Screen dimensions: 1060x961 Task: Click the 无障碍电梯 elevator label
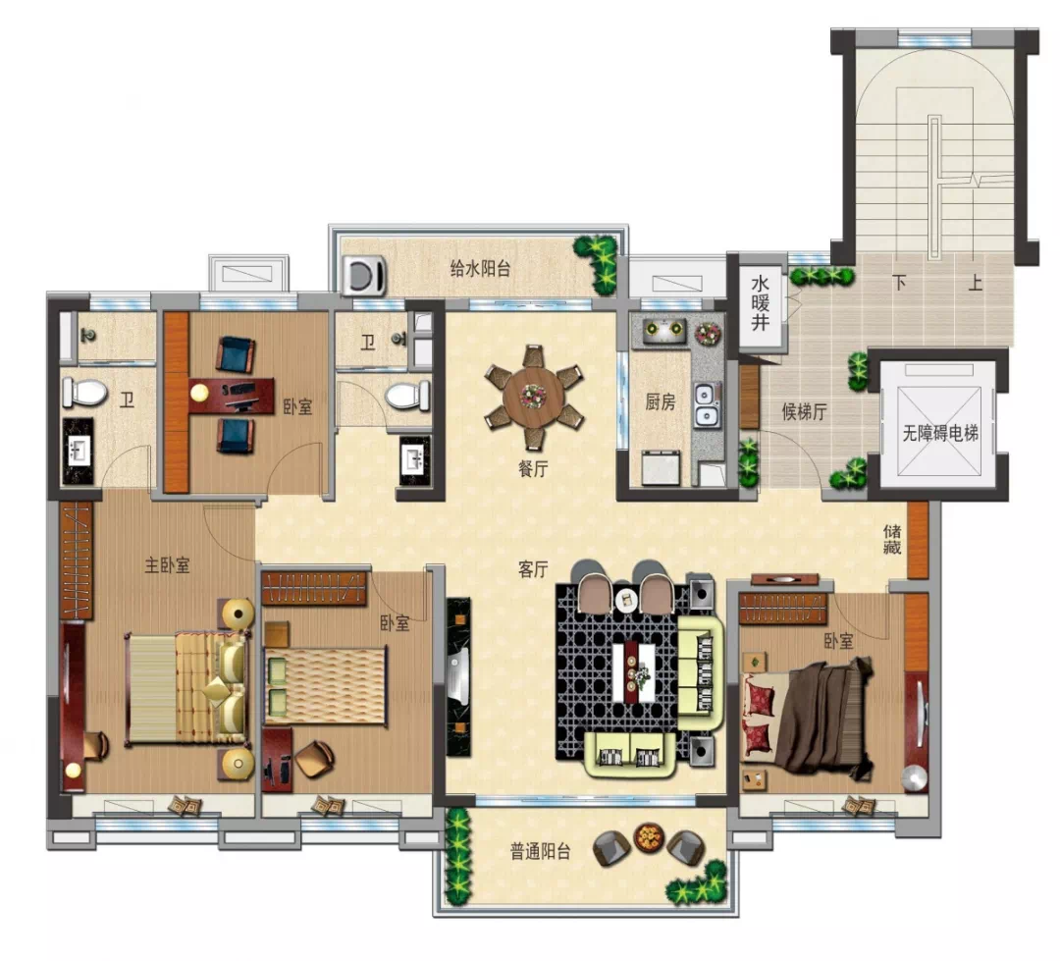click(x=940, y=433)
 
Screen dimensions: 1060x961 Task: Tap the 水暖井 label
click(x=760, y=302)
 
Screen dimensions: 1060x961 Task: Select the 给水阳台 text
click(x=480, y=269)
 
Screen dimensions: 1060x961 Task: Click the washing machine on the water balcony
click(x=363, y=275)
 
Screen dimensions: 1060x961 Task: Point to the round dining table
click(x=533, y=397)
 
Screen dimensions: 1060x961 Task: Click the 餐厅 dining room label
click(x=533, y=468)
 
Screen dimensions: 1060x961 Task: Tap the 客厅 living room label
click(x=533, y=569)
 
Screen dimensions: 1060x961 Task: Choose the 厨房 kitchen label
click(x=660, y=401)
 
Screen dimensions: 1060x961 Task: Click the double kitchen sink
click(x=707, y=405)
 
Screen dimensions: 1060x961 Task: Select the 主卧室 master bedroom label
click(x=167, y=564)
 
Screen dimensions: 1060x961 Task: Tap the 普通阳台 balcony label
click(x=540, y=851)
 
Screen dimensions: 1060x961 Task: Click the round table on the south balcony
click(x=649, y=838)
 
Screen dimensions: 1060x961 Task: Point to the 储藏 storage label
click(x=891, y=539)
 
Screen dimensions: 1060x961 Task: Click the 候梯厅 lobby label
click(x=805, y=411)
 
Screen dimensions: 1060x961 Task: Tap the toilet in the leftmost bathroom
click(x=85, y=393)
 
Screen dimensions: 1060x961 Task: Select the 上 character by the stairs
click(x=975, y=283)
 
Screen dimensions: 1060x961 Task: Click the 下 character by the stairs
click(x=899, y=283)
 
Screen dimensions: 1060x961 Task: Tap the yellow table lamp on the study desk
click(x=199, y=393)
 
